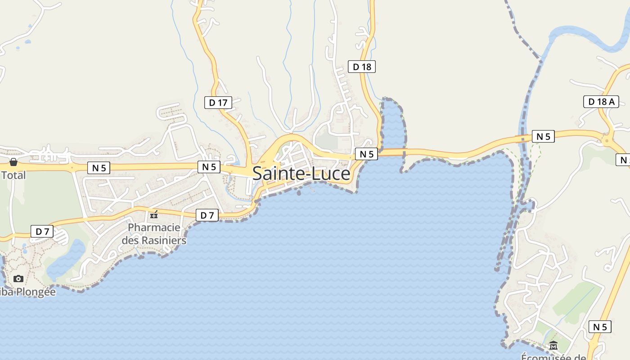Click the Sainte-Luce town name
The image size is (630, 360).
[301, 174]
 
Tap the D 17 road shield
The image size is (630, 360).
[218, 103]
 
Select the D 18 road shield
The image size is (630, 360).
[362, 67]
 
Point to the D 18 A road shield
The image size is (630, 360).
[601, 102]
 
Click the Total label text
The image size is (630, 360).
[13, 175]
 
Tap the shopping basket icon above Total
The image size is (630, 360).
[13, 162]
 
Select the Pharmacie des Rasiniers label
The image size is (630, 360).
[154, 234]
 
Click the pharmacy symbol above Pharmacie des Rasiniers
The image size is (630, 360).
[154, 215]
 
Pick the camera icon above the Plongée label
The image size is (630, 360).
[18, 279]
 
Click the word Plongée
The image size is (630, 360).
[36, 292]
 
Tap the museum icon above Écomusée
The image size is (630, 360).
[553, 346]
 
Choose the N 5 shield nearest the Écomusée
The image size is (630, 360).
[600, 327]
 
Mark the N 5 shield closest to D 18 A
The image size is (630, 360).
[543, 136]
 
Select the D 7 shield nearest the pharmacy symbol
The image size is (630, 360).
[207, 216]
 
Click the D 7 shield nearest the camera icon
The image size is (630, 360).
[42, 232]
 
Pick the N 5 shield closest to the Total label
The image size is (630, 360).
[99, 168]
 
